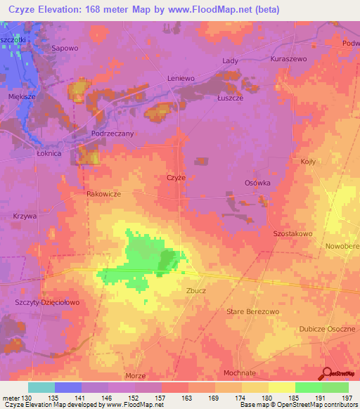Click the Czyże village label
click(176, 178)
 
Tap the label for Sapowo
click(64, 48)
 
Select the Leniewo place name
click(181, 78)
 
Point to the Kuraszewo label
click(288, 60)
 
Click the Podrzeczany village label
click(112, 133)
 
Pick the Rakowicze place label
click(103, 195)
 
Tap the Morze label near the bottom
click(134, 376)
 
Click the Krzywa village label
click(25, 216)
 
